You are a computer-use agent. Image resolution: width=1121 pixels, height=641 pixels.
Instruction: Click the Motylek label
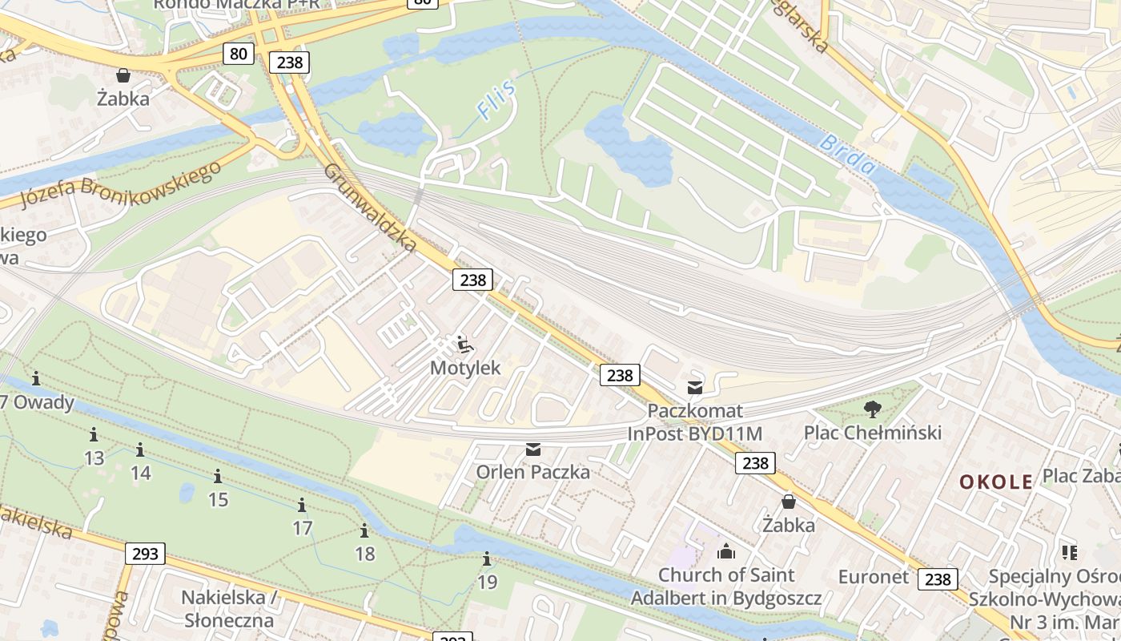pos(465,368)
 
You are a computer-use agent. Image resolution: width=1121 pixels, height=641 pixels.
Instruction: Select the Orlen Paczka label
pos(533,472)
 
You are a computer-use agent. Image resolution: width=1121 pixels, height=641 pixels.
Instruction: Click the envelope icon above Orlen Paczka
pos(533,450)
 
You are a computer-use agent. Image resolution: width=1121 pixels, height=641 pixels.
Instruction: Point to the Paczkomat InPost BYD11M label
pos(695,422)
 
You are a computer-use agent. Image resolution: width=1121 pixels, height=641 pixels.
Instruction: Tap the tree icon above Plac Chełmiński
pos(873,409)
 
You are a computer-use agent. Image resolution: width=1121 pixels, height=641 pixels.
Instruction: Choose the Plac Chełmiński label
pos(873,433)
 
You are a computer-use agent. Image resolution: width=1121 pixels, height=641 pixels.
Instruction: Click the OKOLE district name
pos(996,482)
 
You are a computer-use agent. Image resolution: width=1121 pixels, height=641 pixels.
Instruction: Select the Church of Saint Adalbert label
pos(726,587)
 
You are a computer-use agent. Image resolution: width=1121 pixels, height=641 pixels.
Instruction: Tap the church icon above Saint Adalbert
pos(726,551)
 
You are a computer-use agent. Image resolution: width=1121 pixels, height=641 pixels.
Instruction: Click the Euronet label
pos(874,577)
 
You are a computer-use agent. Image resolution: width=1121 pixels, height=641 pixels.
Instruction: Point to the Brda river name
pos(847,155)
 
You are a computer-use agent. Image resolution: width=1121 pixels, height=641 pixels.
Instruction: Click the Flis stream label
pos(496,99)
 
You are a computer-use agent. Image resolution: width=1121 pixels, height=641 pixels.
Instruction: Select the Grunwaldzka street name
pos(370,208)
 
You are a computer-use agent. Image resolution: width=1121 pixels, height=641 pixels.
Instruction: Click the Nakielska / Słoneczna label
pos(229,609)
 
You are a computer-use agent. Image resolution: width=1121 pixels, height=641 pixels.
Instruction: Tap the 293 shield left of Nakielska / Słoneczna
pos(145,553)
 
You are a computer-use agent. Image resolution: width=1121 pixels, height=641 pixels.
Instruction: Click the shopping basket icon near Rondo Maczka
pos(123,75)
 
